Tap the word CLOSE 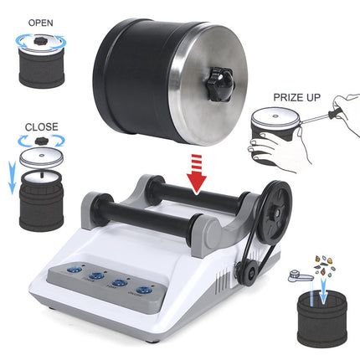coord(41,127)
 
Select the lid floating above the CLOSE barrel coord(42,156)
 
